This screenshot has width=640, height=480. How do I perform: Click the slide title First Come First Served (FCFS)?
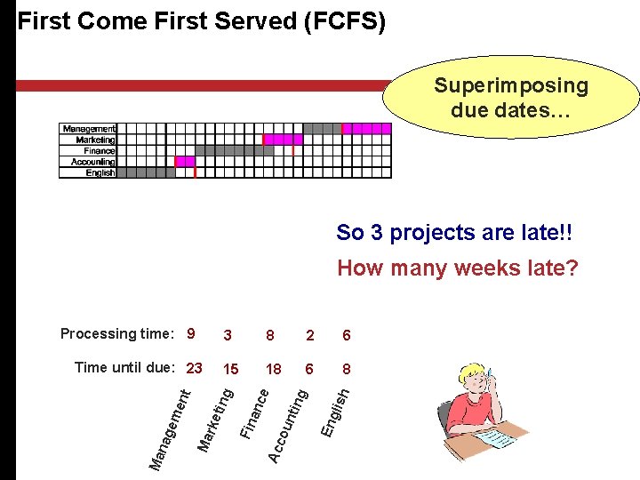click(x=202, y=21)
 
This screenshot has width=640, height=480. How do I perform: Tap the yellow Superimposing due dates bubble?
click(x=510, y=98)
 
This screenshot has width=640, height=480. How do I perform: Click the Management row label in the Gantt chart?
click(x=89, y=129)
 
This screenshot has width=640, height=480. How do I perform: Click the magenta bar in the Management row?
click(x=366, y=129)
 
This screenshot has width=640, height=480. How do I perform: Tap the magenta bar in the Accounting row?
click(x=185, y=162)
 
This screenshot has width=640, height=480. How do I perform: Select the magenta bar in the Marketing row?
click(x=284, y=140)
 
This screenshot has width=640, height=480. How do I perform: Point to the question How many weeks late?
click(x=457, y=268)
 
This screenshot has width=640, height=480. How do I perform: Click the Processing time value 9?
click(x=190, y=334)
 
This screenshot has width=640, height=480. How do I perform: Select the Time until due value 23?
click(x=195, y=368)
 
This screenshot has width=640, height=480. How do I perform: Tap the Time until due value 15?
click(x=230, y=369)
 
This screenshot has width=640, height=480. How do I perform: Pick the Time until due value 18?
click(x=273, y=369)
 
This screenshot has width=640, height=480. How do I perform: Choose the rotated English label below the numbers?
click(x=336, y=409)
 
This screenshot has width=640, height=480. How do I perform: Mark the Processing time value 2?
click(x=308, y=335)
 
